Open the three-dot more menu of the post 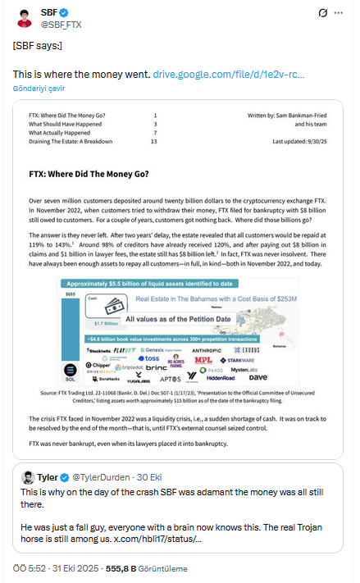343,14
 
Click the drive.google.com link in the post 229,75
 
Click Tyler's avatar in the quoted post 27,477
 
